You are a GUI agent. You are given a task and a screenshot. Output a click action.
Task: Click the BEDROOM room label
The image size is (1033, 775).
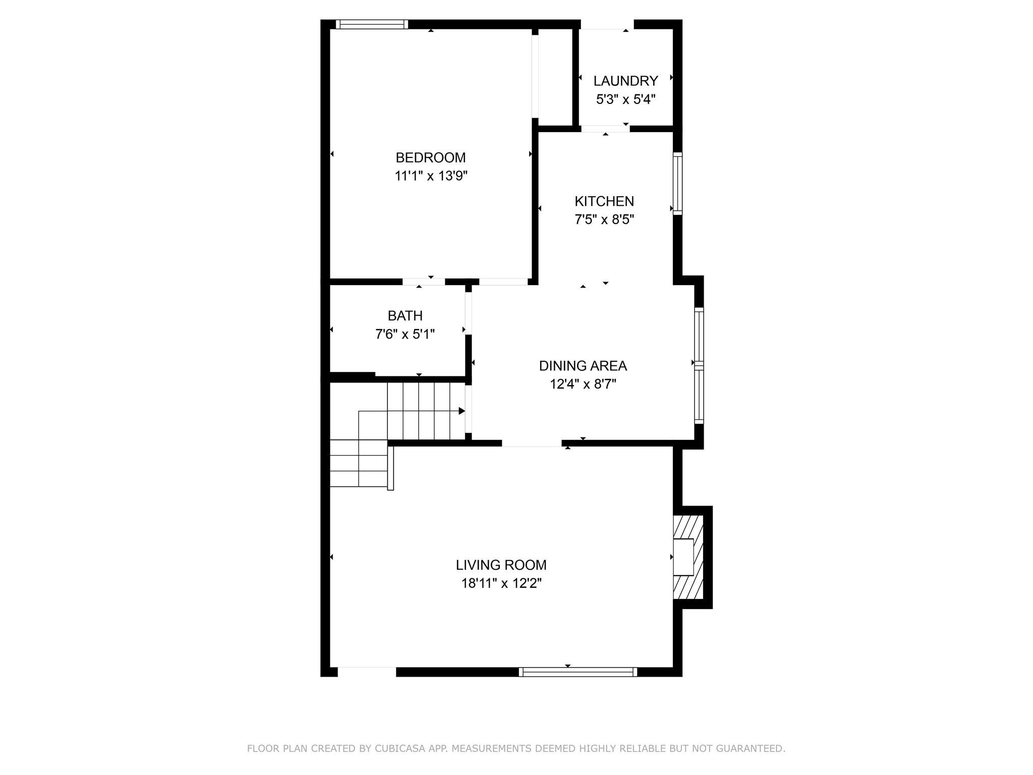coord(430,158)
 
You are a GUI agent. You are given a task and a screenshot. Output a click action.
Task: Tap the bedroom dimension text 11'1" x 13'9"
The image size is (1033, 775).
coord(431,176)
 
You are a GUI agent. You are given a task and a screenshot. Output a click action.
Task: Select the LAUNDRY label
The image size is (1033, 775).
coord(625,81)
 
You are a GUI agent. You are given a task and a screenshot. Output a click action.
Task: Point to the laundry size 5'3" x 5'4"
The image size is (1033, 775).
coord(625,99)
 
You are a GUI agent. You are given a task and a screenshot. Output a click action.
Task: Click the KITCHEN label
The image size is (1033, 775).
coord(604,201)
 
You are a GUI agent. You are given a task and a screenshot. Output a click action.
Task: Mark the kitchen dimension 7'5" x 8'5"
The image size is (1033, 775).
coord(604,219)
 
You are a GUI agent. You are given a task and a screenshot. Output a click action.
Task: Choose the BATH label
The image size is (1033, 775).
coord(405,316)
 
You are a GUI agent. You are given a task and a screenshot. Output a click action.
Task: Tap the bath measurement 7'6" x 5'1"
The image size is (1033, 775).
coord(405,334)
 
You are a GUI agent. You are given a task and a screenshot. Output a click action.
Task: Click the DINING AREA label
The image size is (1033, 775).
coord(583,366)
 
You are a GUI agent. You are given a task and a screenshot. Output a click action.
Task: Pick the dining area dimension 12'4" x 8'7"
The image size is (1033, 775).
coord(583,384)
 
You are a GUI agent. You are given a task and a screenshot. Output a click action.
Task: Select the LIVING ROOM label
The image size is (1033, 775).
coord(501,565)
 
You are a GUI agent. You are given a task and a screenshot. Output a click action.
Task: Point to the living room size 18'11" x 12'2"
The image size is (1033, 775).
coord(501,584)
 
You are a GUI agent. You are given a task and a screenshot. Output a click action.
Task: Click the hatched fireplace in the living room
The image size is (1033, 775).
coord(688,557)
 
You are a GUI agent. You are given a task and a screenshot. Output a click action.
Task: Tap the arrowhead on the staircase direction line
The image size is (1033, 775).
coord(462,411)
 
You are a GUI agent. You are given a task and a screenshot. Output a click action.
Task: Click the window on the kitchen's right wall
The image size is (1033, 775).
coord(678,184)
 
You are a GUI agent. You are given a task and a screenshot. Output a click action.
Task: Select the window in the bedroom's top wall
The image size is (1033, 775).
coord(372,24)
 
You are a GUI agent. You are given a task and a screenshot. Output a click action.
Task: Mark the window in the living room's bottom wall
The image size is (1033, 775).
coord(578,672)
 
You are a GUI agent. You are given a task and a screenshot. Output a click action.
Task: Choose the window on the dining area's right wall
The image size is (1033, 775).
coord(699,366)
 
